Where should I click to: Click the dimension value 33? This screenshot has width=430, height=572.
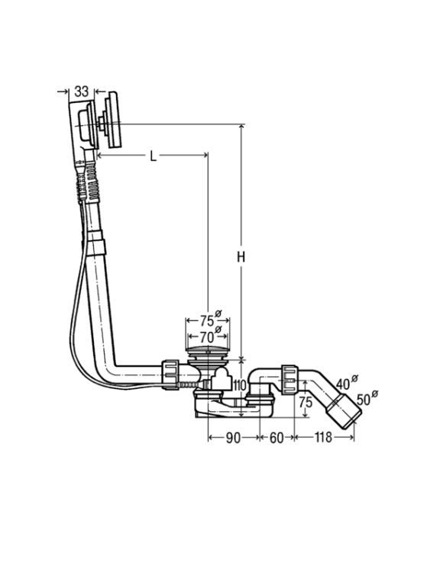81,92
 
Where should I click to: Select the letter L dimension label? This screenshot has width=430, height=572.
154,156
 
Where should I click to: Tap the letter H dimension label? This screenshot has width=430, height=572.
240,257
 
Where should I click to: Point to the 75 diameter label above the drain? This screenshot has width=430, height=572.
211,320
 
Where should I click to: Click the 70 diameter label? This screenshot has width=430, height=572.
211,336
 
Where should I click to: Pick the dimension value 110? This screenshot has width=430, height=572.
238,384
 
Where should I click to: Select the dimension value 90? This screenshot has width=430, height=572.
233,438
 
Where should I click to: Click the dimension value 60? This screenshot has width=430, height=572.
276,438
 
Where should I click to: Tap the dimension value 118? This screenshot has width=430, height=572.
323,437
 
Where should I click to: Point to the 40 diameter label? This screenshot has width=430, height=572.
346,382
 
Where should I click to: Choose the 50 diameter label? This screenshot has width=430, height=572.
367,398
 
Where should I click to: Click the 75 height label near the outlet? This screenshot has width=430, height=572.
306,403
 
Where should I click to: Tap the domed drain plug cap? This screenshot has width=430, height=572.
208,349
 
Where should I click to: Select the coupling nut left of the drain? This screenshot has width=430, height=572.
170,374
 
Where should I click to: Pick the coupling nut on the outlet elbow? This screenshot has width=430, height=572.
290,378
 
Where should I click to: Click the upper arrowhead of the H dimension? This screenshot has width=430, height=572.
241,127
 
